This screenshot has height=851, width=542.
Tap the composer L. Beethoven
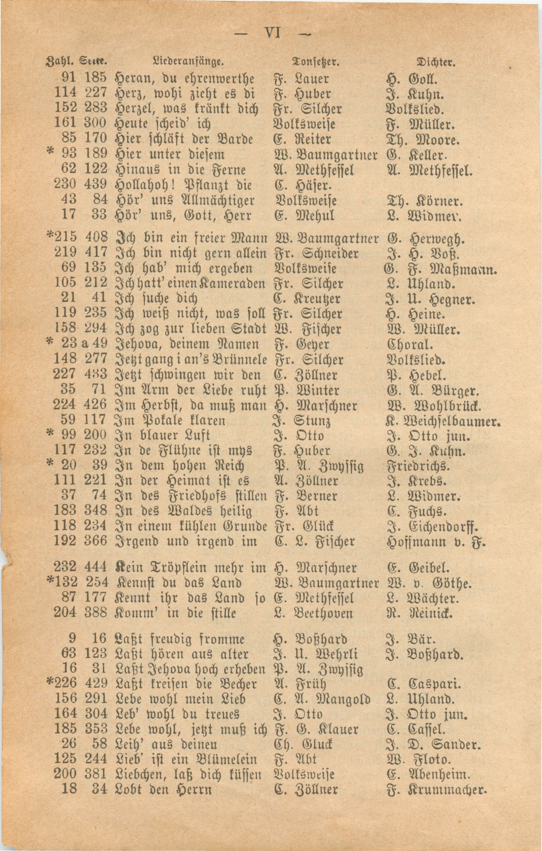pyautogui.click(x=313, y=614)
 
